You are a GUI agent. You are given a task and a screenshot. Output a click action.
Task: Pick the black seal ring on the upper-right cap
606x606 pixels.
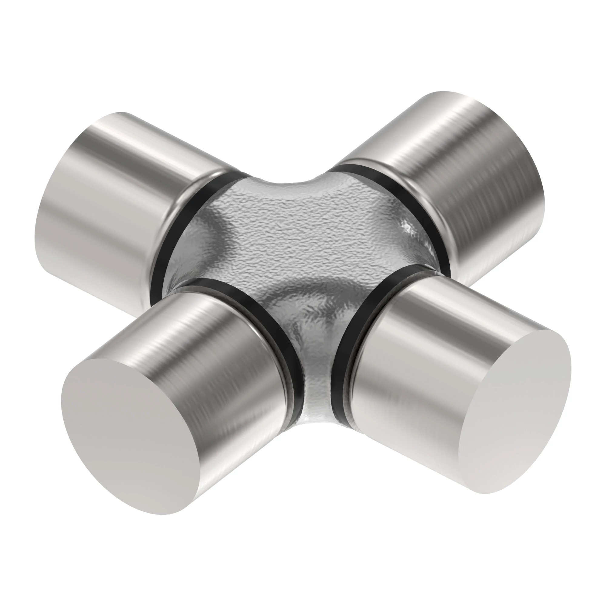pyautogui.click(x=405, y=201)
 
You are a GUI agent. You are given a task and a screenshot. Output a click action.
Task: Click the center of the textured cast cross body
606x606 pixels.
pyautogui.click(x=301, y=251)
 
